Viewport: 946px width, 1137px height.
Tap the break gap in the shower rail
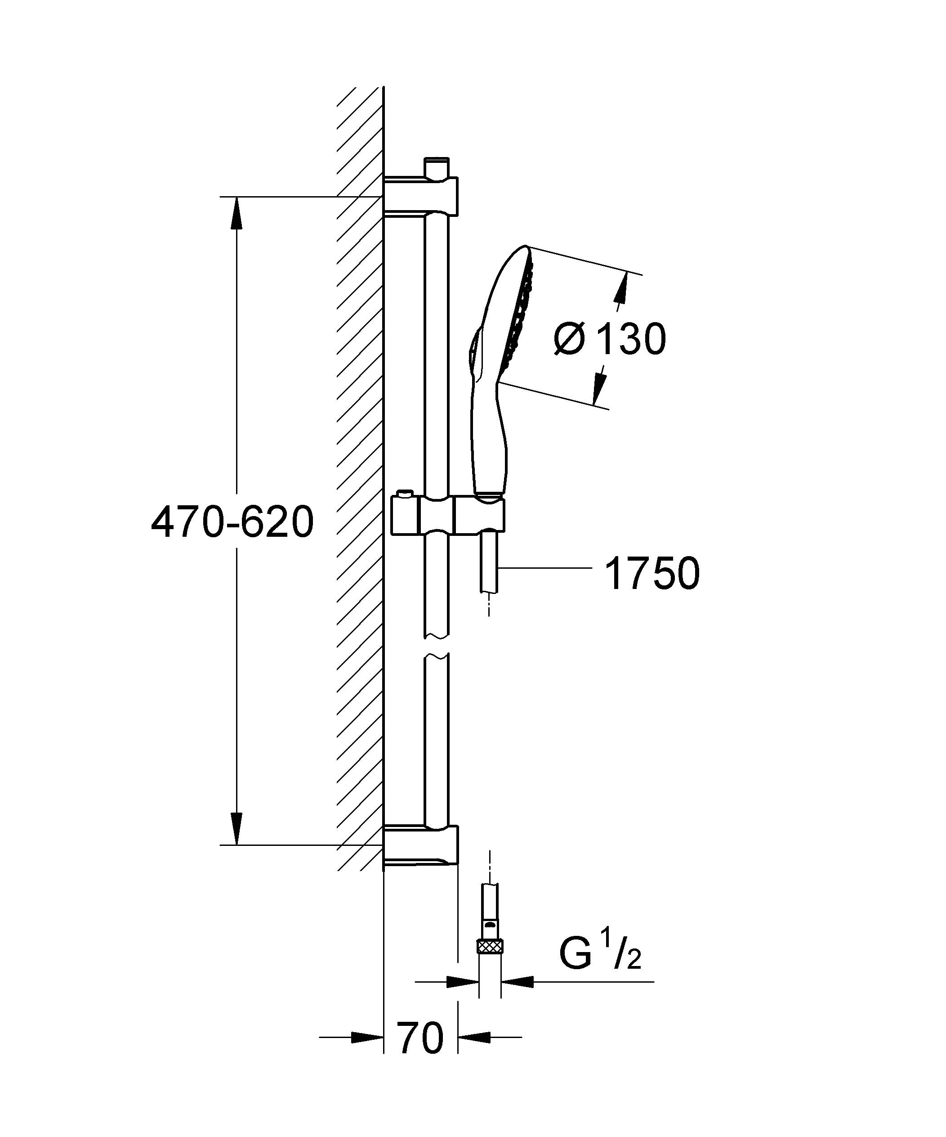click(436, 645)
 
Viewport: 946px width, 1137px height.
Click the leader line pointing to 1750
click(544, 567)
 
